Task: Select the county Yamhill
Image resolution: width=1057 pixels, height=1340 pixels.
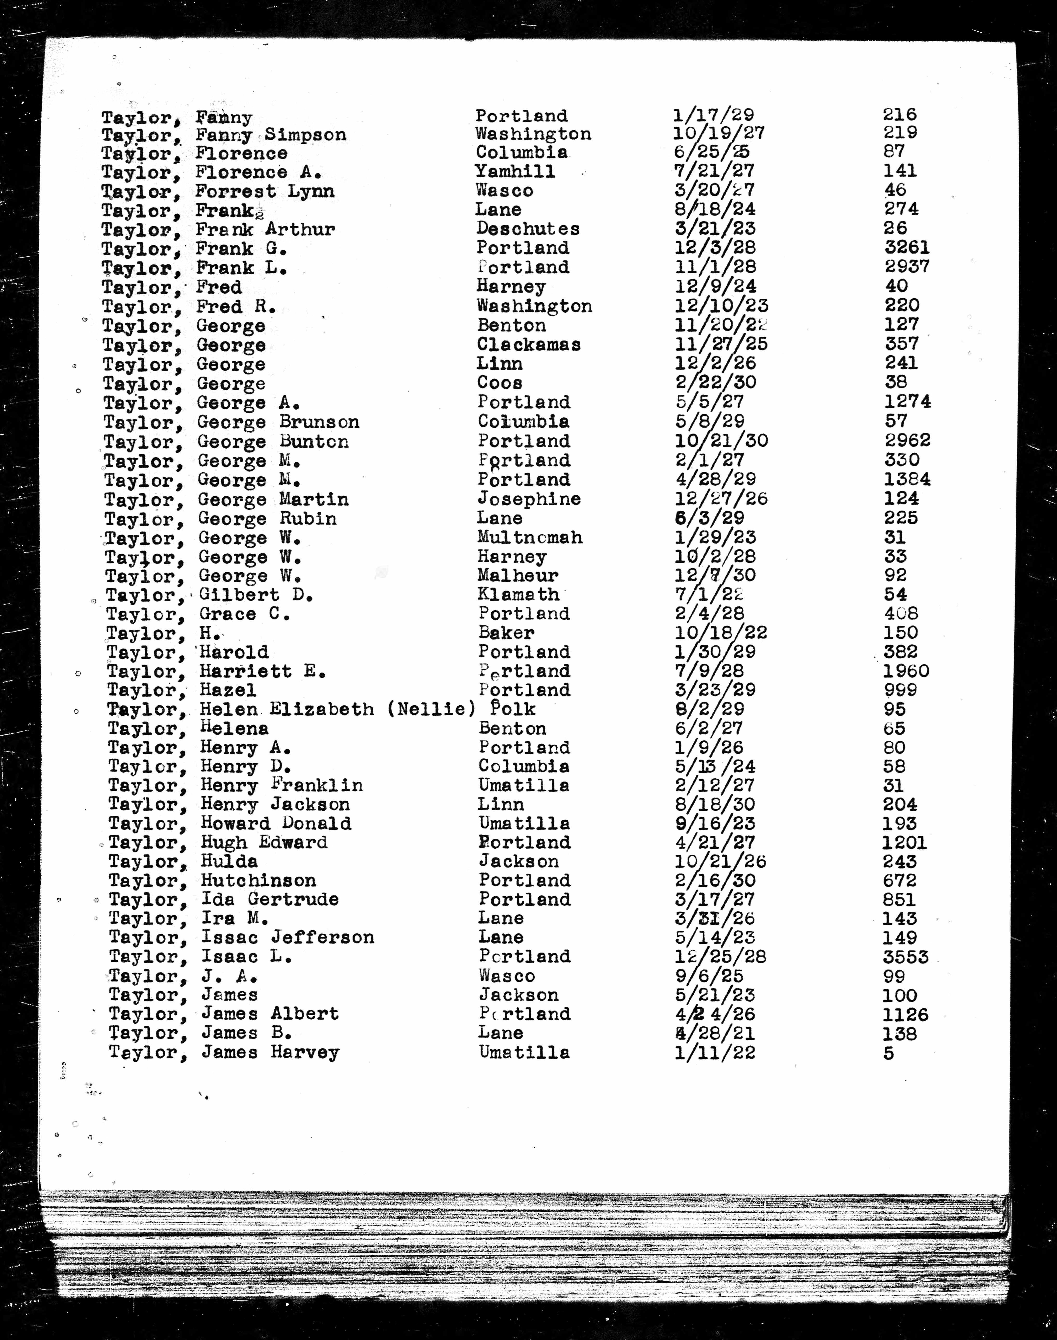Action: pyautogui.click(x=515, y=171)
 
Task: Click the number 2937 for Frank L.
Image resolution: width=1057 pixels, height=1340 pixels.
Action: pyautogui.click(x=907, y=267)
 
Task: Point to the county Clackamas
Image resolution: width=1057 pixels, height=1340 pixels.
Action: pyautogui.click(x=528, y=345)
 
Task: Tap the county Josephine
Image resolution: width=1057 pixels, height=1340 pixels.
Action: pyautogui.click(x=529, y=499)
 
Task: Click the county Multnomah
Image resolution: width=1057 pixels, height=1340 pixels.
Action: pyautogui.click(x=530, y=537)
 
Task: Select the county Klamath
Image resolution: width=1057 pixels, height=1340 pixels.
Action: pyautogui.click(x=519, y=595)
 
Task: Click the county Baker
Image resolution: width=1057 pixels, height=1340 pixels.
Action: pyautogui.click(x=506, y=633)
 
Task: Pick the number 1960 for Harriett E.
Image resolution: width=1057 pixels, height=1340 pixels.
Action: pyautogui.click(x=907, y=671)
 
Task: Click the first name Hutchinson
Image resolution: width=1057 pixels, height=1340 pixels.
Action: pyautogui.click(x=258, y=881)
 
